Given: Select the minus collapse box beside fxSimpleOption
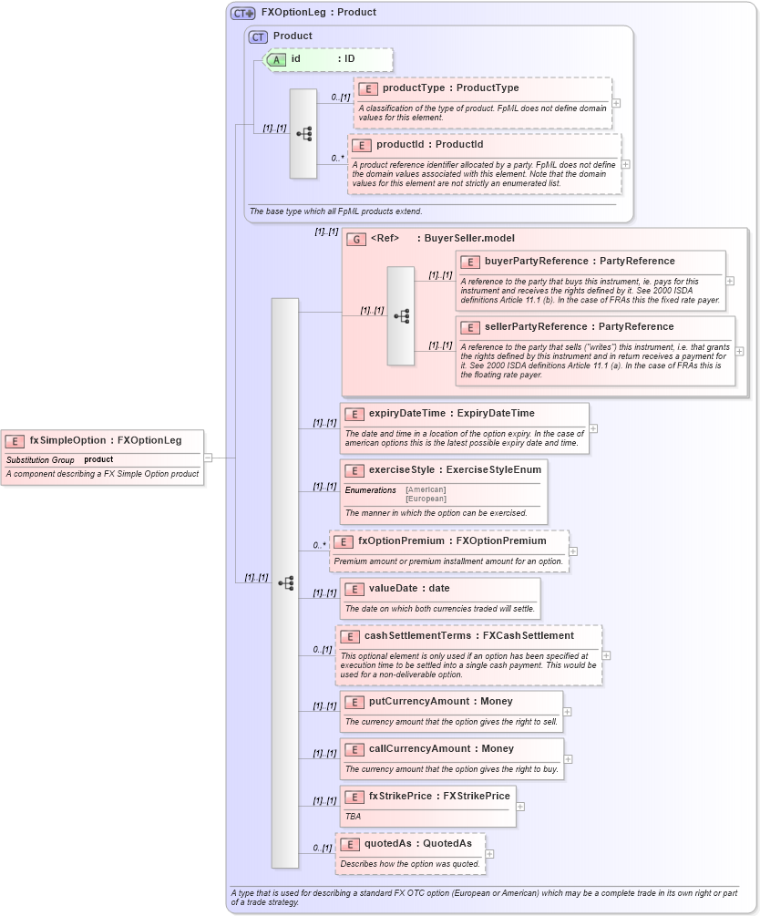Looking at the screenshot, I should [x=208, y=458].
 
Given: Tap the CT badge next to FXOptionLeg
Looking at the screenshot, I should [x=242, y=13].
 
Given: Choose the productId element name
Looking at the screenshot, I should [x=403, y=144].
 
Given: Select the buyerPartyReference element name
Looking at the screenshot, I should [x=539, y=261].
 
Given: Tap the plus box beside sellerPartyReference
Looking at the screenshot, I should [x=739, y=351].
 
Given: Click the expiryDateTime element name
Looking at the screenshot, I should [x=407, y=413].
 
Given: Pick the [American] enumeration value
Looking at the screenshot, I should [x=426, y=489].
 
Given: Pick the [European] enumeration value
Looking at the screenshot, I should [x=426, y=499].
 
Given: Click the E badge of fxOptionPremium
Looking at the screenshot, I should [x=344, y=541].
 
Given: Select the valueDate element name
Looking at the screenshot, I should [x=395, y=588].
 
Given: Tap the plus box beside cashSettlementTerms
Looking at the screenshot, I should [x=606, y=655].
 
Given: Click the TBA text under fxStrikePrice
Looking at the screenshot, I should [x=353, y=817].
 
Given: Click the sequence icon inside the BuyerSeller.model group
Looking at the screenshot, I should [x=401, y=316].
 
